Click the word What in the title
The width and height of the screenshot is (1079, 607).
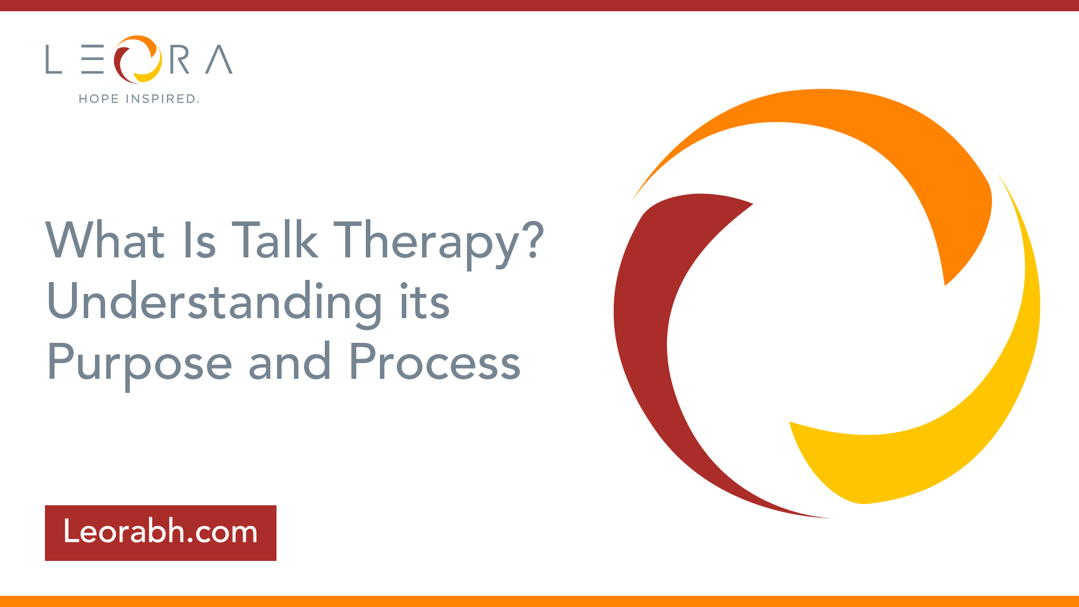[105, 240]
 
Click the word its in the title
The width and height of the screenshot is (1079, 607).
[425, 301]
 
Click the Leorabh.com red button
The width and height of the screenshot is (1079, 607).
[161, 533]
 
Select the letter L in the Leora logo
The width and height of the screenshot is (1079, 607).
[53, 60]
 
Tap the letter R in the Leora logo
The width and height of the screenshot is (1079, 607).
[180, 60]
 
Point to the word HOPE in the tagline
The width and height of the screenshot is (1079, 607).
[99, 99]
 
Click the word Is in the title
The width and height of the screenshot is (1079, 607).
[200, 240]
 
